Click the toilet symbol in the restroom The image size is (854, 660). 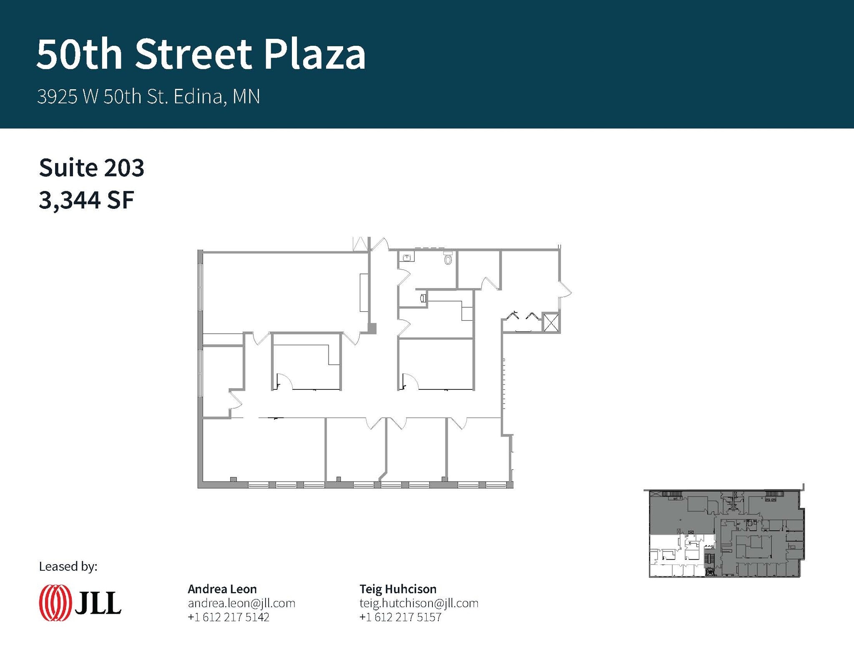click(448, 258)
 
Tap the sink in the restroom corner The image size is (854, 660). click(407, 258)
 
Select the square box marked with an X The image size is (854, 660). click(551, 322)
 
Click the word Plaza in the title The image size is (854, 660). click(315, 54)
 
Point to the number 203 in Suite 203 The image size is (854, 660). click(124, 168)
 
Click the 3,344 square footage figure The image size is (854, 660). click(70, 200)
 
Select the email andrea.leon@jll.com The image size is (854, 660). click(241, 603)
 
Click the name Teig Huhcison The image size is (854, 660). click(398, 589)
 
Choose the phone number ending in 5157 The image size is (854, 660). click(400, 617)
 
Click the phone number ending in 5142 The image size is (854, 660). click(229, 617)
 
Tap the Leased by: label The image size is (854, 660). click(68, 566)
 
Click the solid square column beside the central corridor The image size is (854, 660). click(372, 329)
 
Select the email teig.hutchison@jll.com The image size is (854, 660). click(419, 603)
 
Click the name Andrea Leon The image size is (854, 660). click(222, 589)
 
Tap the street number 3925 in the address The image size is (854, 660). click(57, 97)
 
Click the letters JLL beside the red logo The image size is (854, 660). click(98, 603)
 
